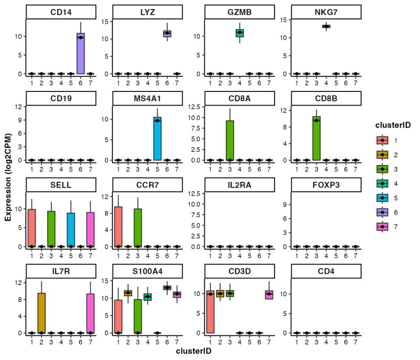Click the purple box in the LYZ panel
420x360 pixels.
(167, 34)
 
